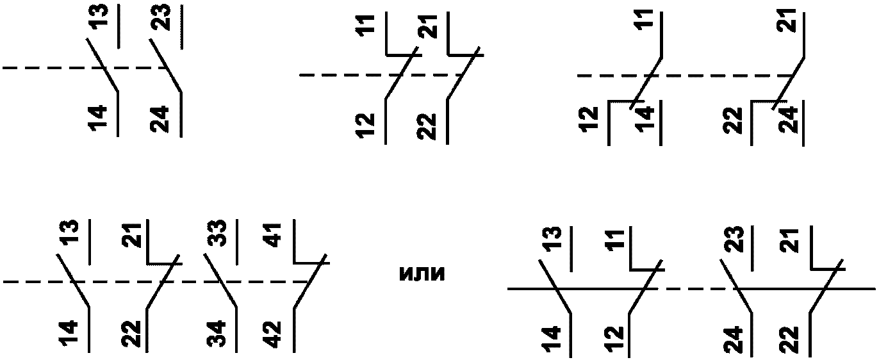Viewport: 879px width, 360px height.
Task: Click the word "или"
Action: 421,274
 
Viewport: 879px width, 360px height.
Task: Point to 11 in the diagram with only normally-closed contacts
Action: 366,26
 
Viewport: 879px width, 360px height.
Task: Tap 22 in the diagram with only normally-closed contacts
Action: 426,126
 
